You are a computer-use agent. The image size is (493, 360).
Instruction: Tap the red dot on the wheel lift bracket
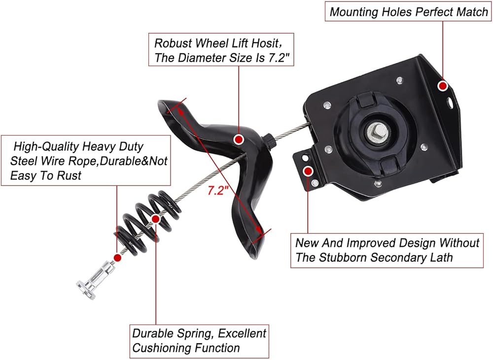(x=239, y=139)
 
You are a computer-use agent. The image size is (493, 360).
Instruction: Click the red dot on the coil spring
(x=156, y=218)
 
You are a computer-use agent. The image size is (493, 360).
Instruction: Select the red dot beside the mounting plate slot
(x=443, y=86)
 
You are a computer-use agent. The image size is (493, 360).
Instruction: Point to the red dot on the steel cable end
(x=117, y=257)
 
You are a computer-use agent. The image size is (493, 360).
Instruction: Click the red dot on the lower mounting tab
(x=309, y=171)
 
